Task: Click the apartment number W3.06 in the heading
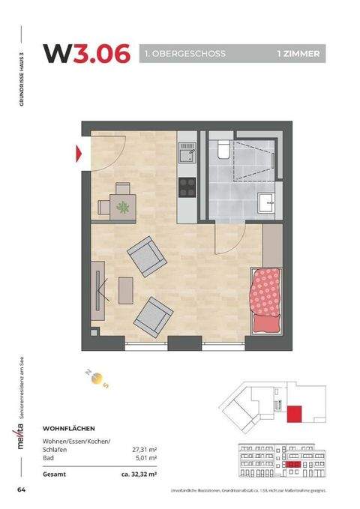pos(86,53)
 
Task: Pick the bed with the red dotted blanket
pos(266,300)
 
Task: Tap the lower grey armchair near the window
pos(152,315)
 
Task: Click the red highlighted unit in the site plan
pos(295,412)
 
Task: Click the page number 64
pos(22,490)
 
